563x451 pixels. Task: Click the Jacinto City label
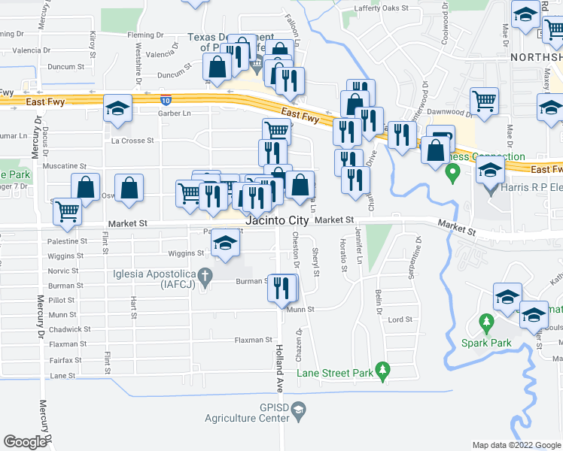click(277, 220)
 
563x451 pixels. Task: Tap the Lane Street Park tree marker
click(384, 370)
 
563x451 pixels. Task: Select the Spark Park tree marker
click(486, 324)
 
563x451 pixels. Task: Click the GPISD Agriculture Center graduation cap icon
click(299, 410)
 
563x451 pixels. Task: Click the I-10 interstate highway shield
click(165, 99)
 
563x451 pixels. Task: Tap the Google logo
click(25, 441)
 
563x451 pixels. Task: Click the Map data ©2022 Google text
click(516, 445)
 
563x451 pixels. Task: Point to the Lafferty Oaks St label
click(381, 8)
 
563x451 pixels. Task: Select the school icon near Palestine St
click(224, 244)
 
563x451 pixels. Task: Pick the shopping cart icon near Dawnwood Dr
click(484, 100)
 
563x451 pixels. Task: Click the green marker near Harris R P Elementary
click(452, 174)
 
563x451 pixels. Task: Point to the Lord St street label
click(400, 319)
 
